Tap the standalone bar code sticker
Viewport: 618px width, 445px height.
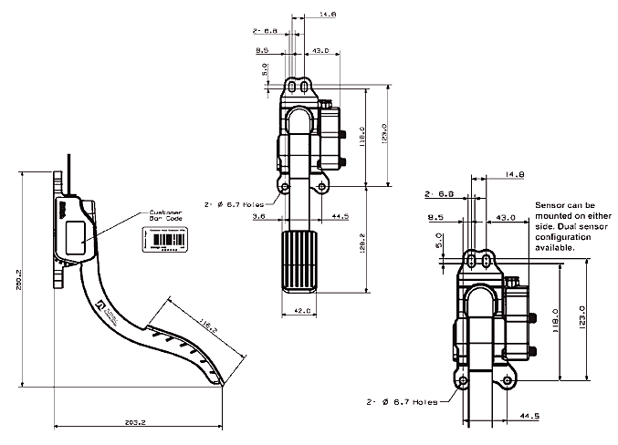click(x=165, y=239)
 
